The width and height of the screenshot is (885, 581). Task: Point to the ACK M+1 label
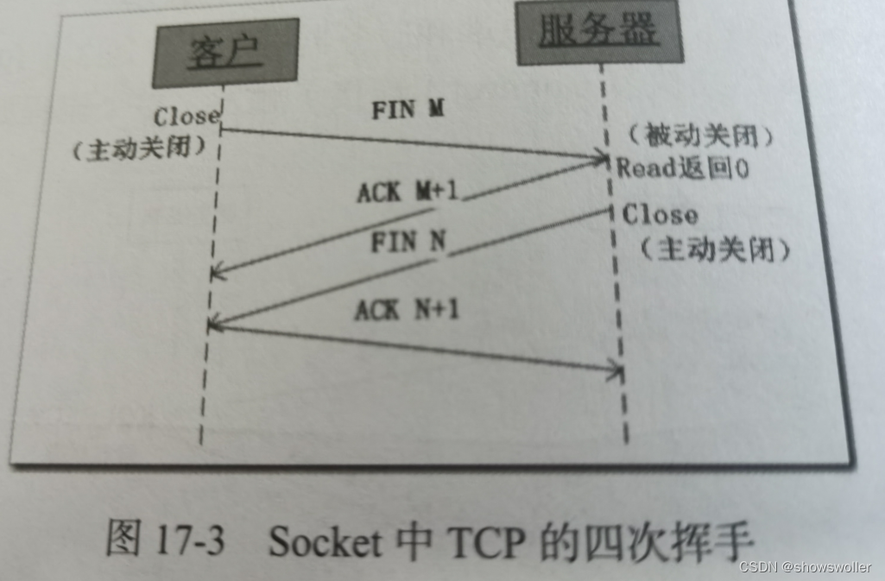click(408, 192)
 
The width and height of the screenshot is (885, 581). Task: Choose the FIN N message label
click(408, 242)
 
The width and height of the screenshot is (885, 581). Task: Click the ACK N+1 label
click(406, 309)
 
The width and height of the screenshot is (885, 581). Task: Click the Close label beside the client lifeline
click(186, 116)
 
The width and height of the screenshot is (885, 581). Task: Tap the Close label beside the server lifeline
click(660, 213)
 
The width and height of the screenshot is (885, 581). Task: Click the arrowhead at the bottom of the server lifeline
click(615, 371)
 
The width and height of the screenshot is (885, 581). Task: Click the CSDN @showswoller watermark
click(806, 566)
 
